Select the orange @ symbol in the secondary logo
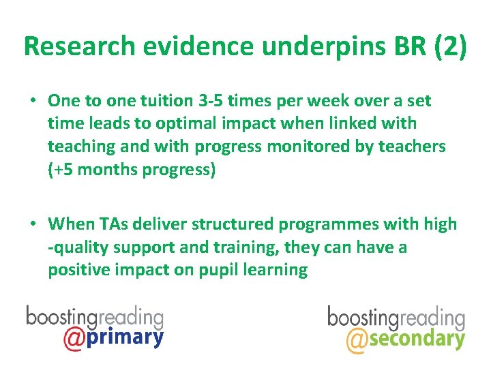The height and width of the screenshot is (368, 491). click(356, 339)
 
